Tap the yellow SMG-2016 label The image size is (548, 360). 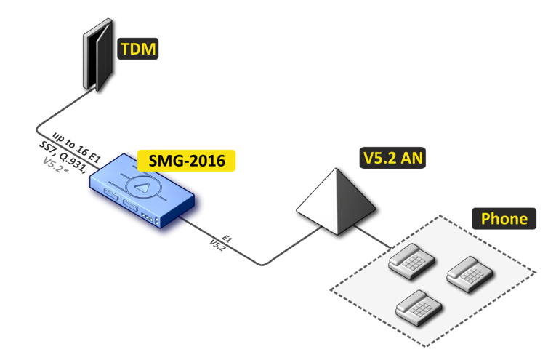[188, 160]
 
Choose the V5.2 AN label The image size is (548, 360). [392, 156]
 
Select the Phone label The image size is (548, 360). [504, 219]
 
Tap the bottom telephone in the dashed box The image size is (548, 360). [416, 307]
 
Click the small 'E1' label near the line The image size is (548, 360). [227, 238]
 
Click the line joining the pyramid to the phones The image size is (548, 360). [376, 238]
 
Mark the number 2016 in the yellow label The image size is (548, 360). [206, 160]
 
